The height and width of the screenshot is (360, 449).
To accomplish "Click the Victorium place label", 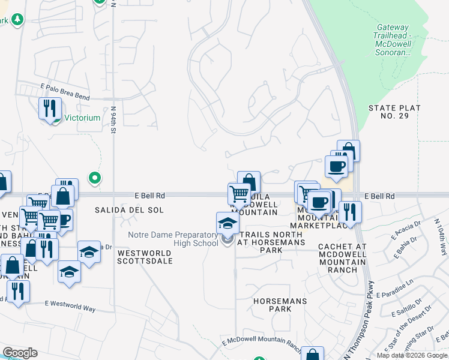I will coord(83,118).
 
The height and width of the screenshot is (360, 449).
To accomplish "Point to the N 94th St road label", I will coord(113,121).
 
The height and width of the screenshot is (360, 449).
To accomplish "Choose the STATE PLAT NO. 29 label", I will coord(394,112).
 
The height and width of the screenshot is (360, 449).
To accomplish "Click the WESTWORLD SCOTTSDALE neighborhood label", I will coord(144,257).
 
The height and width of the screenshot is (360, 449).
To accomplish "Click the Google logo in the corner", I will coord(19,353).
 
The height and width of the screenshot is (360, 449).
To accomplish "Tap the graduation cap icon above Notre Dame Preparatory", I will coord(228,223).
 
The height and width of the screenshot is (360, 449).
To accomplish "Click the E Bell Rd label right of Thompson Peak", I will coord(382,196).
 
